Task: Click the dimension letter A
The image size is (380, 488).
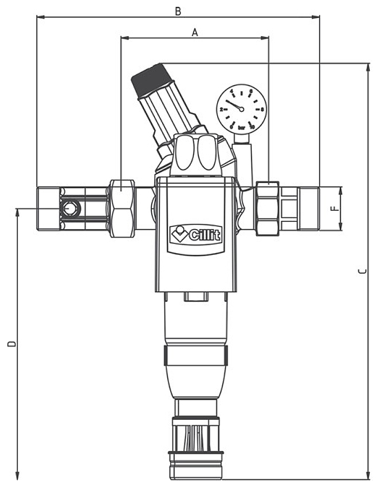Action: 194,33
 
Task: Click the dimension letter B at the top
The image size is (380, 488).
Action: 178,10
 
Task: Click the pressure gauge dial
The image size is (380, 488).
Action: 240,108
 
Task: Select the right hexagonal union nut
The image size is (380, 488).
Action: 268,208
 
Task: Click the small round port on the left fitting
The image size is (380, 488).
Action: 70,209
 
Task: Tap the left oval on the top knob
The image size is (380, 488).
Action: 184,154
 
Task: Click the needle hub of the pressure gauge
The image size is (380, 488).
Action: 241,108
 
